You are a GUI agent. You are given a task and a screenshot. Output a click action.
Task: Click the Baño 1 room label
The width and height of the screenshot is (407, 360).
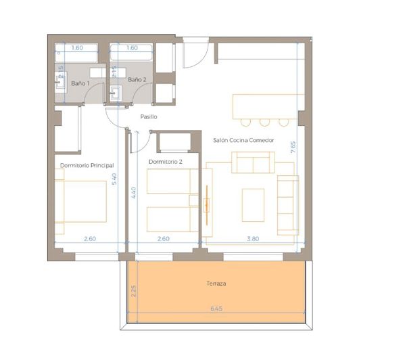click(80, 83)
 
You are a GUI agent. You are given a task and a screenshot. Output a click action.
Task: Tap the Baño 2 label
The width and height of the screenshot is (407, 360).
click(137, 80)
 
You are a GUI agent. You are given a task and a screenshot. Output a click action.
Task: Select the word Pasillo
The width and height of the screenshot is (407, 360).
click(149, 116)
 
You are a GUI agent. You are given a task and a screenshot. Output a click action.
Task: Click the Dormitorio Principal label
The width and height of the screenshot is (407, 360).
click(87, 165)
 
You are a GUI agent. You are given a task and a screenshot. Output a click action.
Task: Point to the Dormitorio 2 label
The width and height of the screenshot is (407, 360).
click(165, 162)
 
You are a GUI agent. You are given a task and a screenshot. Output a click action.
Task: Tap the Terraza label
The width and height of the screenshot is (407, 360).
click(216, 284)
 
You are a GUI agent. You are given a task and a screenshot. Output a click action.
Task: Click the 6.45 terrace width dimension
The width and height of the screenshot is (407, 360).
click(216, 309)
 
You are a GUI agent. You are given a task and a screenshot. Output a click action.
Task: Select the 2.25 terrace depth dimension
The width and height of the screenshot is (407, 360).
click(135, 291)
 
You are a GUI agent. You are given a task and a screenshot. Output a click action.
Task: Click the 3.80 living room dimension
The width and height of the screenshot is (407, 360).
click(252, 238)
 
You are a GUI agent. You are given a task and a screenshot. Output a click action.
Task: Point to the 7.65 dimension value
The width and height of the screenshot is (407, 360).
click(292, 148)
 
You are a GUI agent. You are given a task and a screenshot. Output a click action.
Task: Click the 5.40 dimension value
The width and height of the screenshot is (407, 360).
click(115, 179)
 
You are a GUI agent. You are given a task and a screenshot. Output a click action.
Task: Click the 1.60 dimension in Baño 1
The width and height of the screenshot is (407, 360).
click(77, 48)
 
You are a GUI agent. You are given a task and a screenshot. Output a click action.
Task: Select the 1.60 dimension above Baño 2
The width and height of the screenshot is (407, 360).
click(132, 48)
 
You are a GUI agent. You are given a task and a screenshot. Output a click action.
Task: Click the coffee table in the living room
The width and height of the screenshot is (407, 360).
click(254, 204)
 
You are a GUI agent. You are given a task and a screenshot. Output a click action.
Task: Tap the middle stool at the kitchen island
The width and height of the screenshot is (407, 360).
click(264, 122)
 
